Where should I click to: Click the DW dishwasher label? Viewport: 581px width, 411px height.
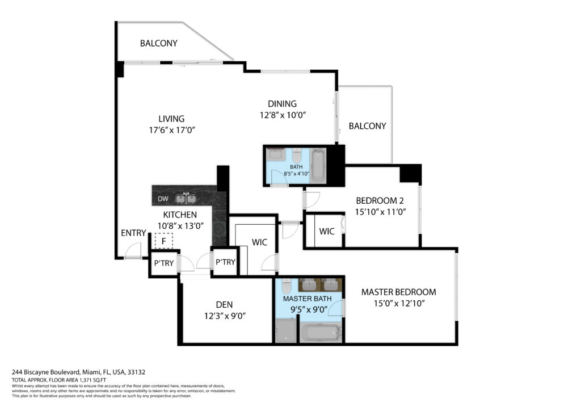(163, 199)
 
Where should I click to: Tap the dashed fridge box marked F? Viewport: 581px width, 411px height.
(164, 241)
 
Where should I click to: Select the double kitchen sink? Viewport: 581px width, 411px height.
(186, 199)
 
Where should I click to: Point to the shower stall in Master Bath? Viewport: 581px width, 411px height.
(286, 331)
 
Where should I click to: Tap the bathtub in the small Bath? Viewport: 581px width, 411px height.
(318, 166)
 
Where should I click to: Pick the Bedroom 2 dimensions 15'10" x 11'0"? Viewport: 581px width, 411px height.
(381, 212)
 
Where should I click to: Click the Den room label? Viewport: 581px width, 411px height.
(224, 305)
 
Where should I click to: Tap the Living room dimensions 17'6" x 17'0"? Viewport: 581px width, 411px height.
(172, 130)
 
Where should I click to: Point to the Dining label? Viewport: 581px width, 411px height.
(283, 104)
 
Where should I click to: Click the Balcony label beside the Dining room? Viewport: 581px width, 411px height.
(368, 126)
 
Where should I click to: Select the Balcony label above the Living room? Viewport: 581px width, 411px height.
(159, 43)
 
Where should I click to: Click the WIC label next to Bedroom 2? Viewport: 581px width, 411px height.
(327, 232)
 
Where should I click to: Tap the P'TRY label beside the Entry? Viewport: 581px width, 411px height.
(164, 263)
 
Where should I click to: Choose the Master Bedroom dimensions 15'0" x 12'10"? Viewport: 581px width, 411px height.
(399, 304)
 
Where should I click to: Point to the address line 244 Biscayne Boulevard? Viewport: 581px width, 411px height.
(78, 372)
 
